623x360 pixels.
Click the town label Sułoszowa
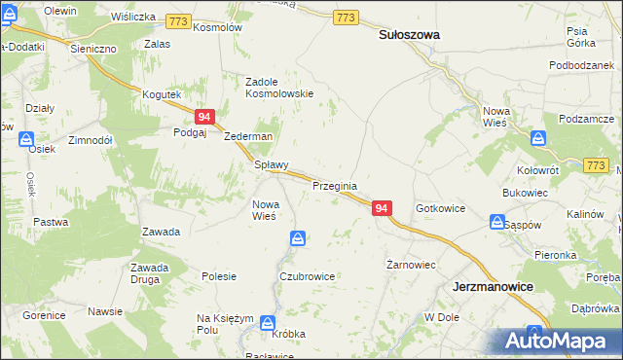[x=408, y=34]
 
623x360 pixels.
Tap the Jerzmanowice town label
[x=493, y=288]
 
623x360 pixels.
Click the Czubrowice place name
[x=307, y=276]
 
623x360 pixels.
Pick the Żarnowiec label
[x=410, y=265]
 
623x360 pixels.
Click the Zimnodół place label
[x=92, y=140]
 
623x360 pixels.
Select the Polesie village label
[x=219, y=276]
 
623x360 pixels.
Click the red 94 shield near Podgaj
[x=204, y=117]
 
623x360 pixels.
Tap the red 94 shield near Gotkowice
[x=382, y=209]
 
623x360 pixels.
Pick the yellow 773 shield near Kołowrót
[x=596, y=165]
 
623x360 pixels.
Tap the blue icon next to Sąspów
[x=495, y=225]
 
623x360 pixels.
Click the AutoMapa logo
[x=559, y=342]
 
